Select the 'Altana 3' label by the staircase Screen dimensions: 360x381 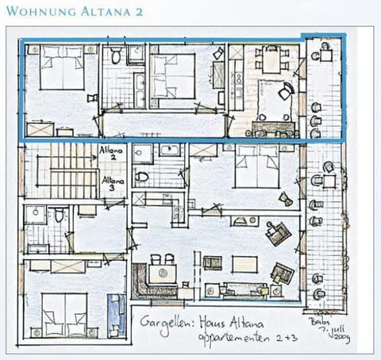pyautogui.click(x=111, y=184)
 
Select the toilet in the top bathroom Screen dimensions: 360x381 pyautogui.click(x=116, y=56)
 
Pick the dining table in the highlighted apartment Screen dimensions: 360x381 pyautogui.click(x=271, y=61)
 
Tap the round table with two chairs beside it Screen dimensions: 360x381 pyautogui.click(x=163, y=270)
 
